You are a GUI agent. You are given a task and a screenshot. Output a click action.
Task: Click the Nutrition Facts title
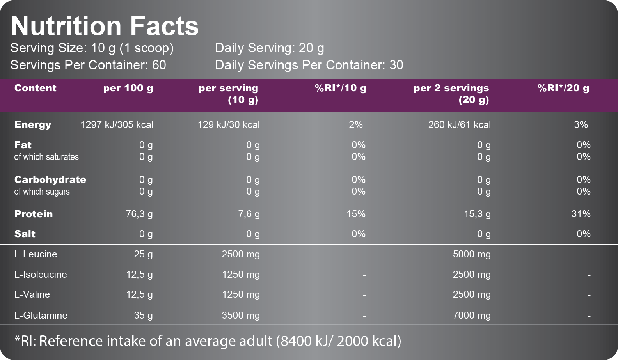(105, 26)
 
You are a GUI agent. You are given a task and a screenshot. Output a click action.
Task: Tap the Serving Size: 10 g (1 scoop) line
(92, 48)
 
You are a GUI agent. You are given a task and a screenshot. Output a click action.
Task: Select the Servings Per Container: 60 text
(88, 65)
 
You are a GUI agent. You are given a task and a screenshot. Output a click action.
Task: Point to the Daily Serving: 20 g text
(270, 48)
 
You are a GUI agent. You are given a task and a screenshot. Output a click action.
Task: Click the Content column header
(36, 88)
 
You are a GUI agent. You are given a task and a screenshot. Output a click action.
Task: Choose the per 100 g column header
(128, 88)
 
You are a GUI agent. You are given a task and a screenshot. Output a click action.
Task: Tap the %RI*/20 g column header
(563, 88)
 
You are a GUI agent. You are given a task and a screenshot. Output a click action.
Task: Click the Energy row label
(33, 125)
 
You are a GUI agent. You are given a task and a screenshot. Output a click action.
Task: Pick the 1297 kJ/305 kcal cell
(117, 125)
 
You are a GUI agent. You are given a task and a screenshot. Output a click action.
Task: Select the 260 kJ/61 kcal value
(459, 125)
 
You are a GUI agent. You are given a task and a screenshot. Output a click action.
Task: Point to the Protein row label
(34, 214)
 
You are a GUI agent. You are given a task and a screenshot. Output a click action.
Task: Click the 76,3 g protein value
(139, 214)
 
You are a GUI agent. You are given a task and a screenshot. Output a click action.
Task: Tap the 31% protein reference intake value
(581, 214)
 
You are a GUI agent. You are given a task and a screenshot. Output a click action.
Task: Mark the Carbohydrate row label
(50, 180)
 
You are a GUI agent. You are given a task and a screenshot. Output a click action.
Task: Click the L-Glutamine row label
(41, 315)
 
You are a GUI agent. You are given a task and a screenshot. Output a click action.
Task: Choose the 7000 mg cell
(471, 315)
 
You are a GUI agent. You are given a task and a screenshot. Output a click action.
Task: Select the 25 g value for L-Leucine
(143, 254)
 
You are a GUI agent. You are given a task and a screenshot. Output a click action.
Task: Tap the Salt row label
(25, 234)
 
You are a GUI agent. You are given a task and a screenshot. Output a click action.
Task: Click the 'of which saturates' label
(46, 157)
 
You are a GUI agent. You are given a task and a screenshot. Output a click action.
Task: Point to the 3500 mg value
(240, 315)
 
